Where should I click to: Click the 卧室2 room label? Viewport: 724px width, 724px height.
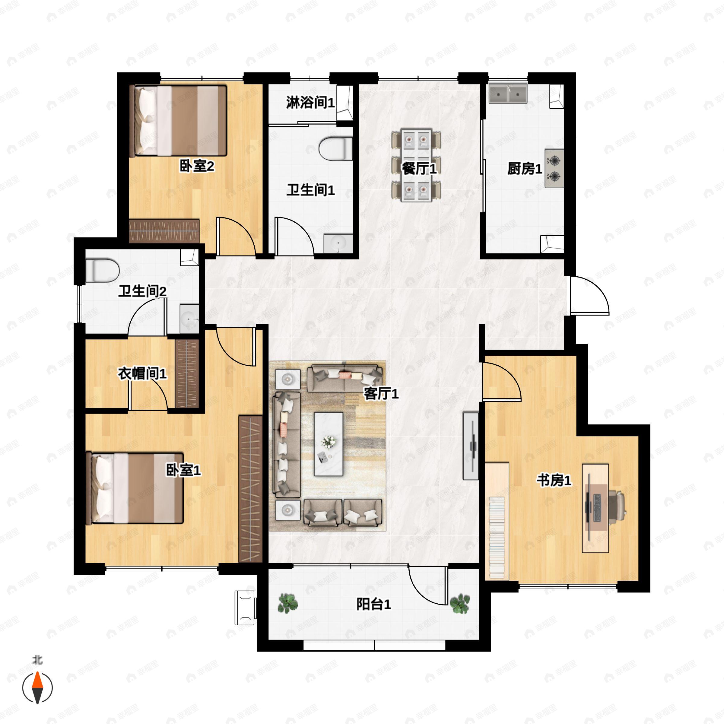197,166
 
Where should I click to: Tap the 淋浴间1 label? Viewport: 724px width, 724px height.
310,102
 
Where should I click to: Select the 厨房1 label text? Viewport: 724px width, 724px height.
525,169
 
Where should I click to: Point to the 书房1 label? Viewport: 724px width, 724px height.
554,480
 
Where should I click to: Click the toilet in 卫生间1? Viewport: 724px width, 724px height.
336,149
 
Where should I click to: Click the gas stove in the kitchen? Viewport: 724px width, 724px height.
554,169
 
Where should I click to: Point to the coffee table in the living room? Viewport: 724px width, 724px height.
329,444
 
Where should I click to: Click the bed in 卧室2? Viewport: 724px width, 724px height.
178,121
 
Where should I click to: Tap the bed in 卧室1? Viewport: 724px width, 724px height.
135,488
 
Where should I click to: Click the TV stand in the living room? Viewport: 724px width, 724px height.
471,446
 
